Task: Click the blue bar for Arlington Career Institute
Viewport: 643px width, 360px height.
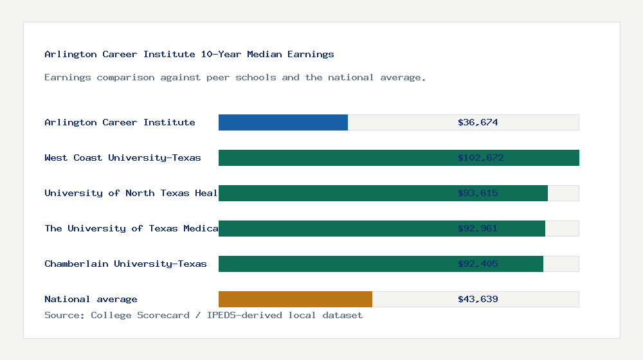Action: (x=283, y=122)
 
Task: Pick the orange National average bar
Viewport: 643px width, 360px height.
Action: (x=295, y=299)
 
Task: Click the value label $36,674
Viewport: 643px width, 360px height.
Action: (x=478, y=122)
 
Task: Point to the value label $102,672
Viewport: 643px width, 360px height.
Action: (x=478, y=157)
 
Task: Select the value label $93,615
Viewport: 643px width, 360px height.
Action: (x=478, y=193)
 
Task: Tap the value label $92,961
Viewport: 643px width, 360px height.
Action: (x=478, y=228)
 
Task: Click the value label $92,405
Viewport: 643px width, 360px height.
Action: (x=478, y=264)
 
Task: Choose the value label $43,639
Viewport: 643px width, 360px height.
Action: (x=478, y=299)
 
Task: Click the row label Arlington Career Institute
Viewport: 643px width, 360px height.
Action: (x=120, y=122)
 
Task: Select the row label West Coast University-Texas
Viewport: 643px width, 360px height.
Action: (x=123, y=157)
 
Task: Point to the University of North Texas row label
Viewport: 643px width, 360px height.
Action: (x=131, y=193)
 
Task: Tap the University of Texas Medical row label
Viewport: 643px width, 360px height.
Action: (x=131, y=228)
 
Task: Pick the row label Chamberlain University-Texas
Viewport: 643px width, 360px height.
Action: (x=125, y=264)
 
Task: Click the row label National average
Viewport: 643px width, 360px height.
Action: (x=91, y=299)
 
